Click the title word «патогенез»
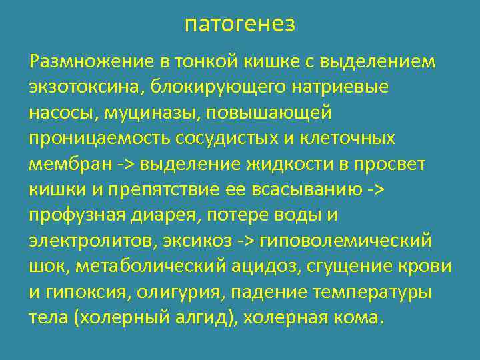(x=239, y=25)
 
